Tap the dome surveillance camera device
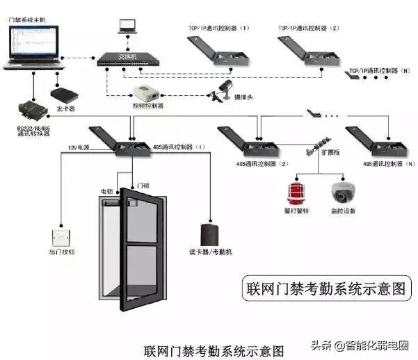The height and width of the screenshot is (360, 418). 342,191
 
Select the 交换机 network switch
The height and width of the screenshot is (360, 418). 127,59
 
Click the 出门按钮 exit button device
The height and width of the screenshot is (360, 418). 61,236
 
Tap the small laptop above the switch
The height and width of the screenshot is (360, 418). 127,26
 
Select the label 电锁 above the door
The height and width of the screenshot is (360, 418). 106,190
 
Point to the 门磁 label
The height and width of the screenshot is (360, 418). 143,186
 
